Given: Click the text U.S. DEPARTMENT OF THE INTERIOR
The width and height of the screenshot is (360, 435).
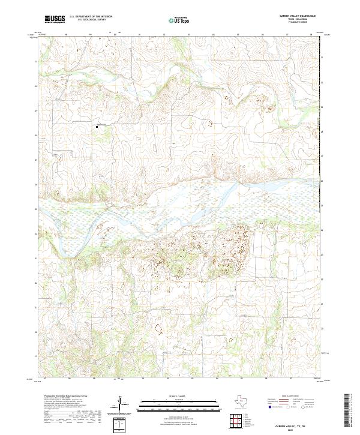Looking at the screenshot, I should point(91,17).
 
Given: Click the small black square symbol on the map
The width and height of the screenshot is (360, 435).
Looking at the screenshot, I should point(96,126).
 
